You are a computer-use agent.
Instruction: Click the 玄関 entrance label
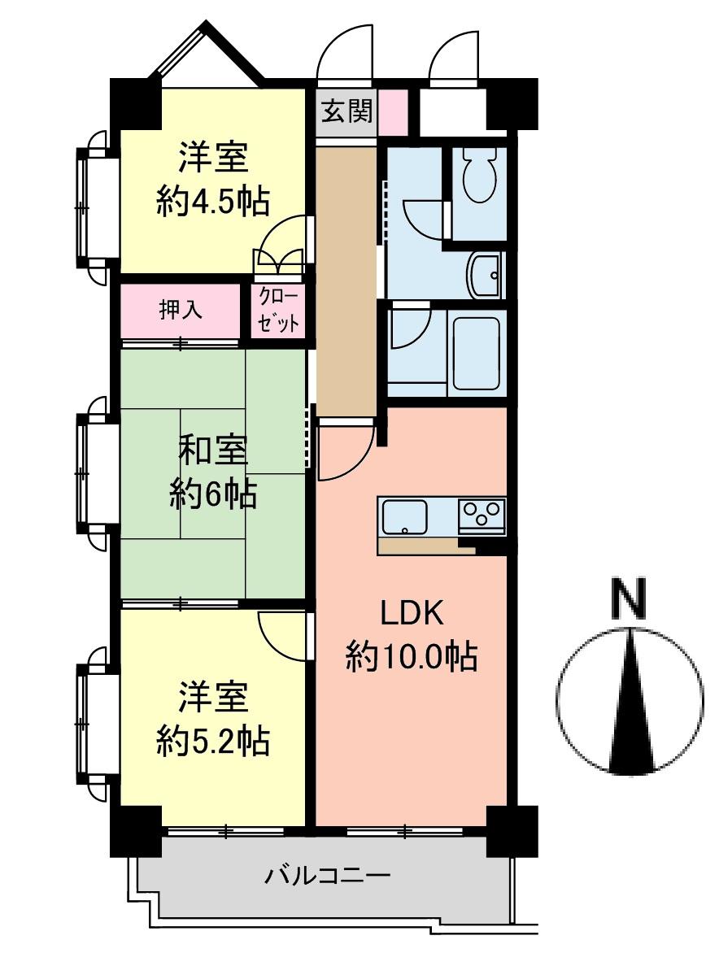coord(346,111)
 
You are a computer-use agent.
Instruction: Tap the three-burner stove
coord(482,515)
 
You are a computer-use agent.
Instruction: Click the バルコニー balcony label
coord(328,877)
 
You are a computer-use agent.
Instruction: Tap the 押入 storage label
coord(181,310)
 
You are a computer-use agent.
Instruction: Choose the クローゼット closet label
coord(279,311)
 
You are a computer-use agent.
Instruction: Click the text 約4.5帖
coord(213,202)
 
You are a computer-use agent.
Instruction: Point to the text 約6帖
coord(213,493)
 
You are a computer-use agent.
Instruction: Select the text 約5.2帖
coord(213,741)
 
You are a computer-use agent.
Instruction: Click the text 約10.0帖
coord(411,655)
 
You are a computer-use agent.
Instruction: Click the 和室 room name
coord(213,450)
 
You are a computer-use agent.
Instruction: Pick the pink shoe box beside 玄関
coord(393,112)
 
